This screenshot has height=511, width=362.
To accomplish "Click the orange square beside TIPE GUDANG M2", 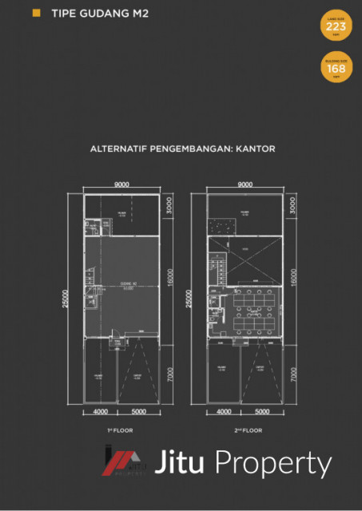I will (x=35, y=14).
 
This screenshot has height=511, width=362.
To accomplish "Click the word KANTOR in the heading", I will (x=255, y=149).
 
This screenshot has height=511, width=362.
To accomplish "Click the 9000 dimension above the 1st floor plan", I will (x=121, y=184).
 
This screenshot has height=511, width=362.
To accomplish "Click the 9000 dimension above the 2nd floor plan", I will (x=245, y=184).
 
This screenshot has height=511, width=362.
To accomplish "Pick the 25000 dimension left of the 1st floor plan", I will (x=71, y=297).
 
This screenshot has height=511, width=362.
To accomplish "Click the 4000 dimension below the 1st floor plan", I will (x=100, y=412).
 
